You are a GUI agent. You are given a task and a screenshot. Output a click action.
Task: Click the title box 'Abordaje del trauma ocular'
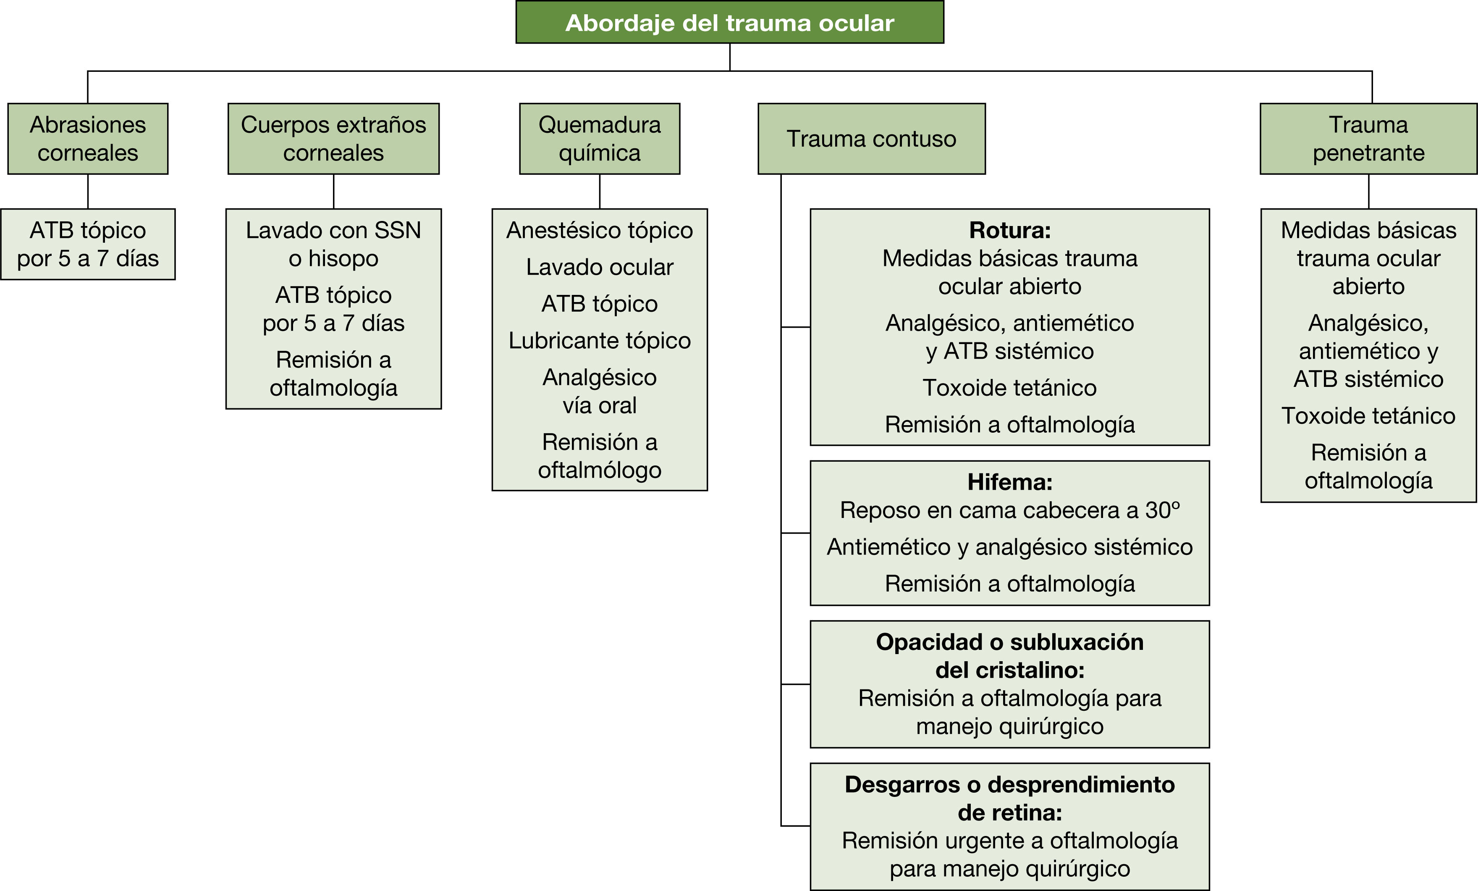pyautogui.click(x=729, y=22)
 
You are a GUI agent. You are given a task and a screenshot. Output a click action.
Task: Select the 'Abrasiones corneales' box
pyautogui.click(x=88, y=139)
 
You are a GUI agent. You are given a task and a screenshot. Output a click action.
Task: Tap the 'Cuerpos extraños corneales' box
pyautogui.click(x=333, y=139)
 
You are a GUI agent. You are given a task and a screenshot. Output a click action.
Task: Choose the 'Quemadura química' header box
pyautogui.click(x=599, y=139)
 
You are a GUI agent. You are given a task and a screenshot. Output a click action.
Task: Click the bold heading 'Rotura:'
pyautogui.click(x=1009, y=230)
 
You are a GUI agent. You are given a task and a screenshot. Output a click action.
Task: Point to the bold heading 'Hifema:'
pyautogui.click(x=1009, y=482)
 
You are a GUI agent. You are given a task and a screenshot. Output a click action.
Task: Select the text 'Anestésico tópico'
pyautogui.click(x=599, y=230)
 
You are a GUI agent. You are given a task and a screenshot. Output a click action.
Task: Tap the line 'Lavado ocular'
pyautogui.click(x=599, y=267)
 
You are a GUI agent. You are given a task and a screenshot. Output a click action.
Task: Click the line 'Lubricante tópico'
pyautogui.click(x=599, y=341)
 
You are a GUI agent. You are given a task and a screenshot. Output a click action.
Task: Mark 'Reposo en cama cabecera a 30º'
pyautogui.click(x=1009, y=510)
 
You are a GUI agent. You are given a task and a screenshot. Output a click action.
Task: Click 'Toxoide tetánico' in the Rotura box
pyautogui.click(x=1009, y=388)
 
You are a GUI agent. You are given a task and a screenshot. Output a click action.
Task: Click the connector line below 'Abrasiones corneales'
pyautogui.click(x=88, y=192)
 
